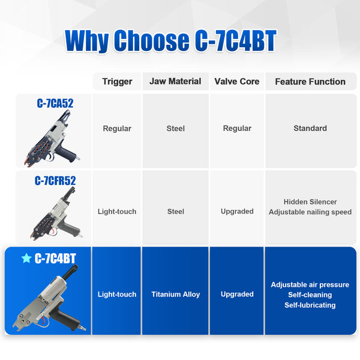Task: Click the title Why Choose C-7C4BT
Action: click(171, 41)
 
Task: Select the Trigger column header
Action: click(117, 82)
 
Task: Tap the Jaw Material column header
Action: click(175, 82)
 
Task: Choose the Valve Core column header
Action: click(237, 82)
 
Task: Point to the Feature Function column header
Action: click(310, 82)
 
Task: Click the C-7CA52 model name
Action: click(55, 103)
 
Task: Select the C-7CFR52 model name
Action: click(55, 181)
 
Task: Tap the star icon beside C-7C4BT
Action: click(26, 259)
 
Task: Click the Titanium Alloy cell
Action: click(175, 295)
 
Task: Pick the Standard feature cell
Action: click(310, 128)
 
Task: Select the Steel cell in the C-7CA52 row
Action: click(175, 128)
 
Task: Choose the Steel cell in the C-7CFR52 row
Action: click(175, 211)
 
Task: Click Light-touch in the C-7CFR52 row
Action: click(117, 211)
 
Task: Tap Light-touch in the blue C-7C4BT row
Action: click(117, 295)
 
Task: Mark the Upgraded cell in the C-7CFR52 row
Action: click(237, 211)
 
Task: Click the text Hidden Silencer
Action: click(310, 202)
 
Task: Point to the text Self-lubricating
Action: click(310, 305)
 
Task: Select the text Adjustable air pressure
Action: click(310, 284)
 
